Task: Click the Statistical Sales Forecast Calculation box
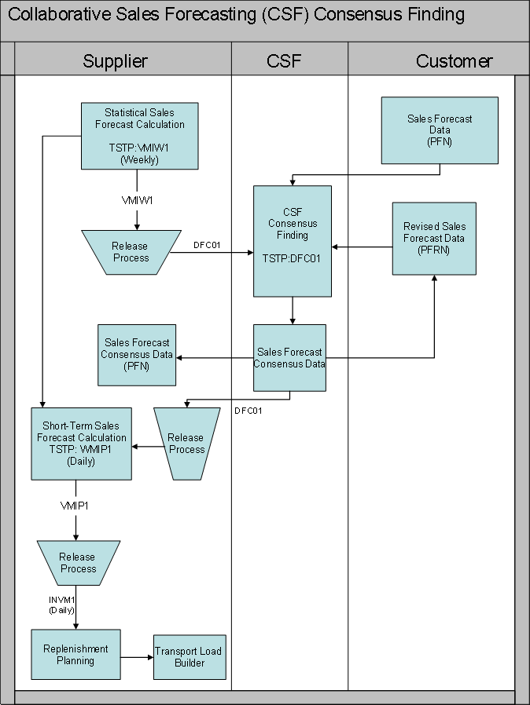point(139,136)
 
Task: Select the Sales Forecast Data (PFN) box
point(440,130)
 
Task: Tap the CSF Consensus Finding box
point(292,241)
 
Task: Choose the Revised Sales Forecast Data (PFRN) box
point(434,238)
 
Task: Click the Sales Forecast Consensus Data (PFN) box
point(136,355)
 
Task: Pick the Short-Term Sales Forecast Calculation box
point(81,444)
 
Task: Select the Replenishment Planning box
point(75,655)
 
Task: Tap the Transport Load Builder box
point(189,657)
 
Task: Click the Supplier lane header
point(116,61)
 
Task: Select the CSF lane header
point(285,61)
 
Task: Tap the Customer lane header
point(454,61)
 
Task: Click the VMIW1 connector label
point(137,201)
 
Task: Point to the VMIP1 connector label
point(75,506)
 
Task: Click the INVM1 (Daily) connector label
point(62,605)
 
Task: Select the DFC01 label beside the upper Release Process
point(206,245)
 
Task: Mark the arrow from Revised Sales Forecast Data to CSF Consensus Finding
point(362,247)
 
